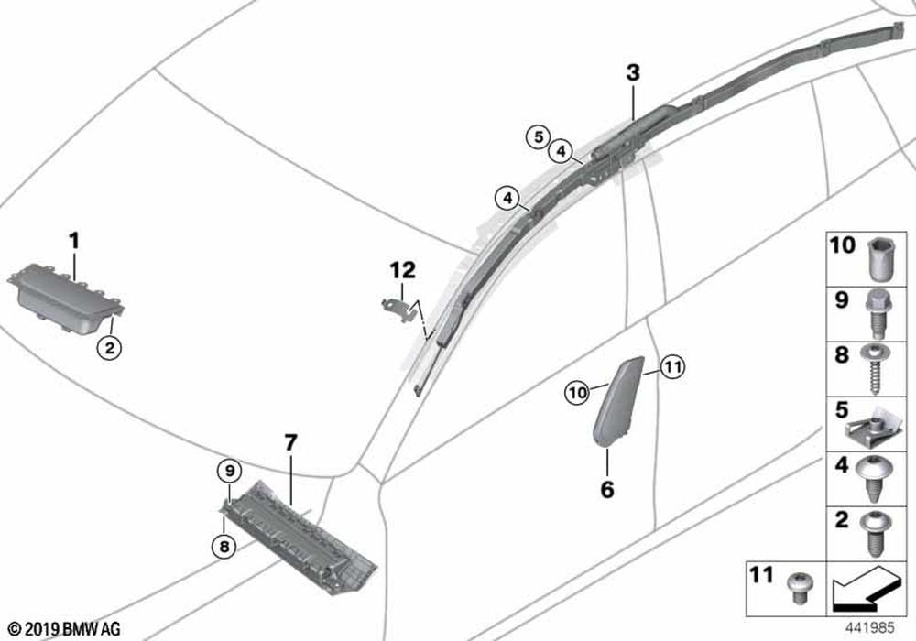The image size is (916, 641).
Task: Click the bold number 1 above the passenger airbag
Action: pyautogui.click(x=74, y=241)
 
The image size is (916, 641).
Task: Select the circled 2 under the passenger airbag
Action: pyautogui.click(x=109, y=349)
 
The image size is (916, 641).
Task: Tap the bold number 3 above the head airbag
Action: pyautogui.click(x=633, y=73)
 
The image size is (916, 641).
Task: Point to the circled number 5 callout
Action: pyautogui.click(x=538, y=137)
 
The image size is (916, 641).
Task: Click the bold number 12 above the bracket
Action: pyautogui.click(x=403, y=270)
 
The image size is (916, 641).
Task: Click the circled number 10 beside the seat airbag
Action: pyautogui.click(x=577, y=393)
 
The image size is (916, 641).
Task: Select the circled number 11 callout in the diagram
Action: pyautogui.click(x=672, y=367)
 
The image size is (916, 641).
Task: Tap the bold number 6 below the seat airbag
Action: pyautogui.click(x=607, y=489)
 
